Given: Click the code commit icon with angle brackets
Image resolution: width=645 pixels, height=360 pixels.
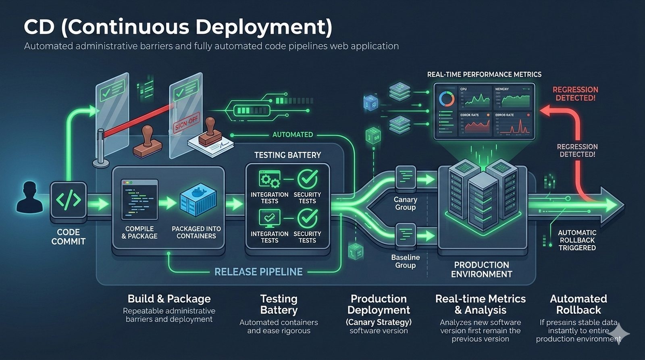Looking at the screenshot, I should pos(68,200).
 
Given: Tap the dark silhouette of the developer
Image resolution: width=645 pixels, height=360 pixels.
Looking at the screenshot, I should pos(29,197).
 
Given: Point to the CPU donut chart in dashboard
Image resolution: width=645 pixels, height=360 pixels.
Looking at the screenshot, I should pos(447,99).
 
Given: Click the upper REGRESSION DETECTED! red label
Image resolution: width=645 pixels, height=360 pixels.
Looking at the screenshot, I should pos(575,94).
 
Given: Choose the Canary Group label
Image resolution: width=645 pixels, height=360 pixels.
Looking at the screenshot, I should pos(405,204).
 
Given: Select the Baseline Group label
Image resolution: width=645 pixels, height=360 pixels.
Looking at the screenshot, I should pos(405,261).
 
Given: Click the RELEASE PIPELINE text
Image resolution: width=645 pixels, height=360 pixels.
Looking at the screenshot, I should pos(258,272).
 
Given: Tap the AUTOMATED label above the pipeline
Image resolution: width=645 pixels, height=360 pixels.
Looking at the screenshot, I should pos(293,135).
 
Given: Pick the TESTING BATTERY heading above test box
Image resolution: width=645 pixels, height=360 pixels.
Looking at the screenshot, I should pos(287,155).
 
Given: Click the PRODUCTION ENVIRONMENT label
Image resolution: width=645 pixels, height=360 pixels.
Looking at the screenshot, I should pos(481,270).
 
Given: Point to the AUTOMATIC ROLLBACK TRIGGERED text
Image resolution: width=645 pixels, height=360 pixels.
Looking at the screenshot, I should pos(577,240).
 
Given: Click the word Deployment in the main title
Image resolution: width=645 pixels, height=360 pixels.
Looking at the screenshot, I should pos(264,27).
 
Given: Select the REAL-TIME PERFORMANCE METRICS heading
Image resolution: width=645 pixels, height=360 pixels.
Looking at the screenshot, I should pos(484,75).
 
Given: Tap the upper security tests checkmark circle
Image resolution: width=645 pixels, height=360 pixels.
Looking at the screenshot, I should pos(308,179).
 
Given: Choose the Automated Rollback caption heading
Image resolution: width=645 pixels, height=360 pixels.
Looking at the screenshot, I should pos(578,304).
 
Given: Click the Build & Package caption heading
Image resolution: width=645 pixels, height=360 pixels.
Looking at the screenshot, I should pos(169,299).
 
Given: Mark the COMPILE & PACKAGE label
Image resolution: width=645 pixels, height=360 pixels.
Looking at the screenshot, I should pos(139,233).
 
